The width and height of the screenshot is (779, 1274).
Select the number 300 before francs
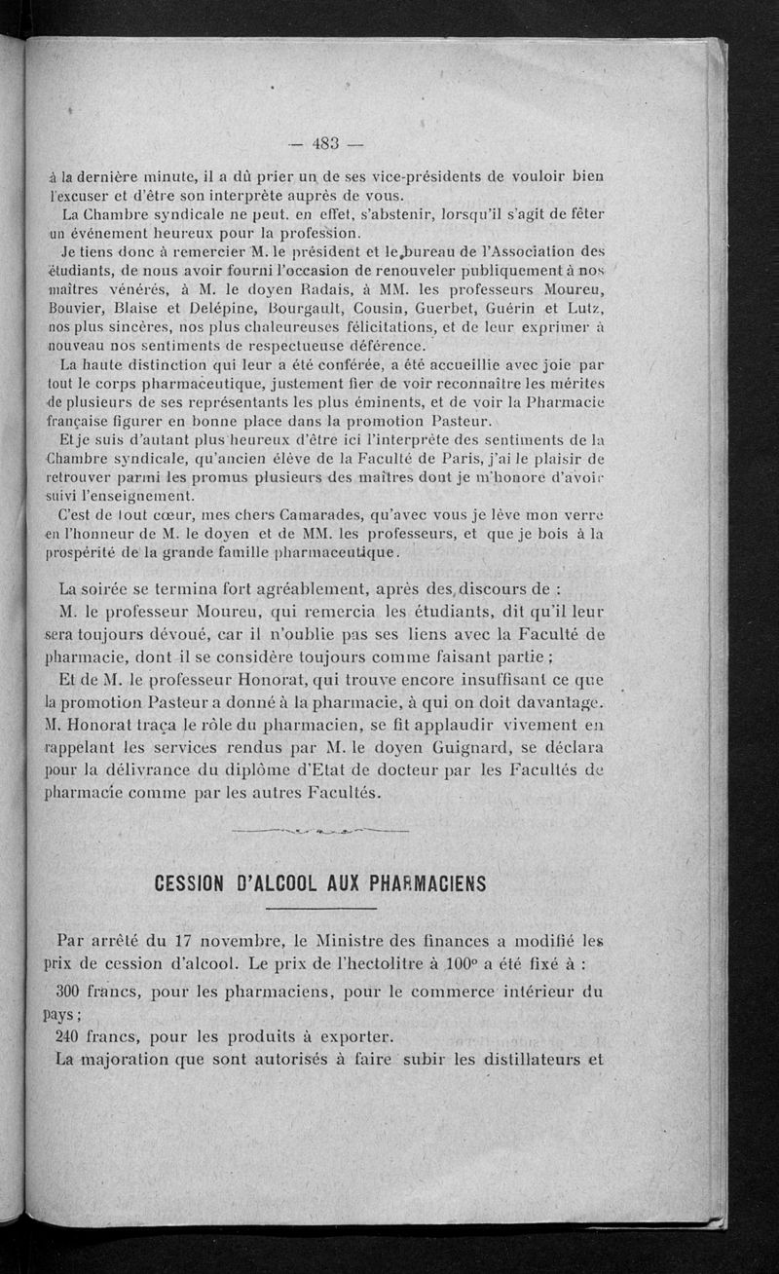[x=74, y=993]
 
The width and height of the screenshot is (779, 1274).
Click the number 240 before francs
[x=74, y=1035]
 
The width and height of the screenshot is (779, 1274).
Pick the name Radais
[x=277, y=288]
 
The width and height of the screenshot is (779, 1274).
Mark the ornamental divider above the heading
[x=320, y=830]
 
